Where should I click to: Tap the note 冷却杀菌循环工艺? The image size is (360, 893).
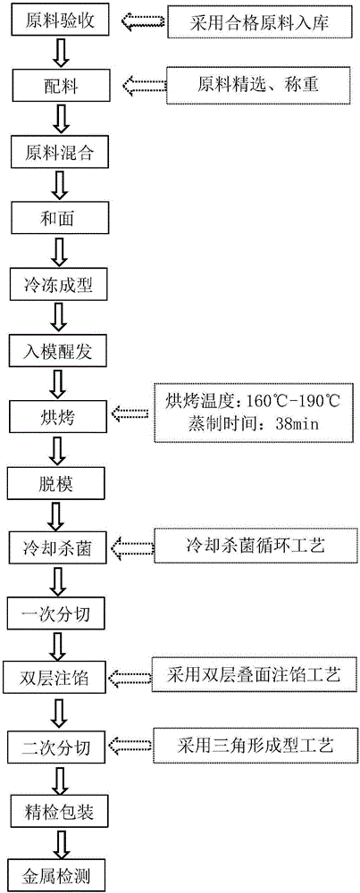(254, 545)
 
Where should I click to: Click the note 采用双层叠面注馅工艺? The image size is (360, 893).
(254, 676)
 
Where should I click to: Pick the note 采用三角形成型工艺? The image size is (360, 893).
(254, 742)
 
